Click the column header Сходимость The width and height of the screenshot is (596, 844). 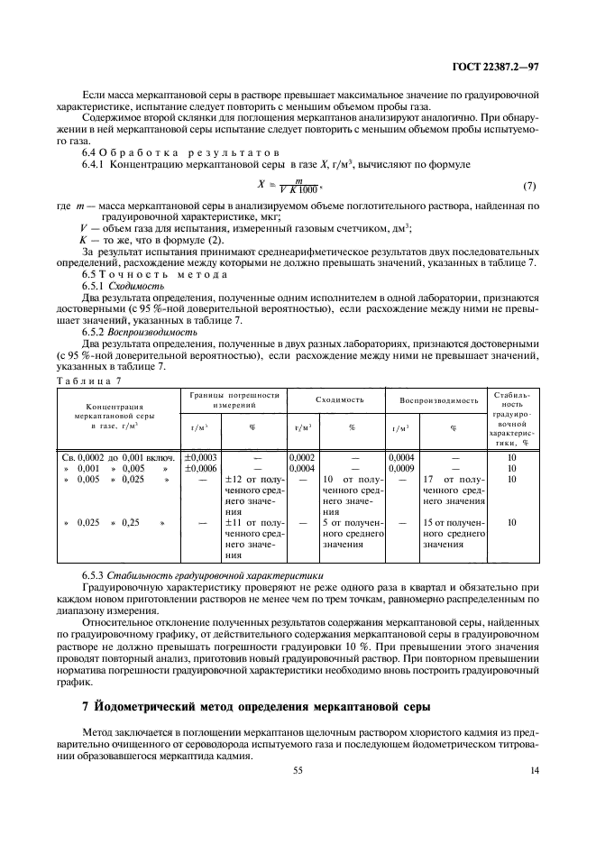pos(339,399)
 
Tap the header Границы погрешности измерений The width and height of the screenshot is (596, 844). pos(234,400)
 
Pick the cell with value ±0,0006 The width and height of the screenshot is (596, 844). pos(199,468)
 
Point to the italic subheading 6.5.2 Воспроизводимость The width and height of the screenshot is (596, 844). pos(139,331)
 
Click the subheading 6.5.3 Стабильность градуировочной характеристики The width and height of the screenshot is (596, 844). pos(203,574)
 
